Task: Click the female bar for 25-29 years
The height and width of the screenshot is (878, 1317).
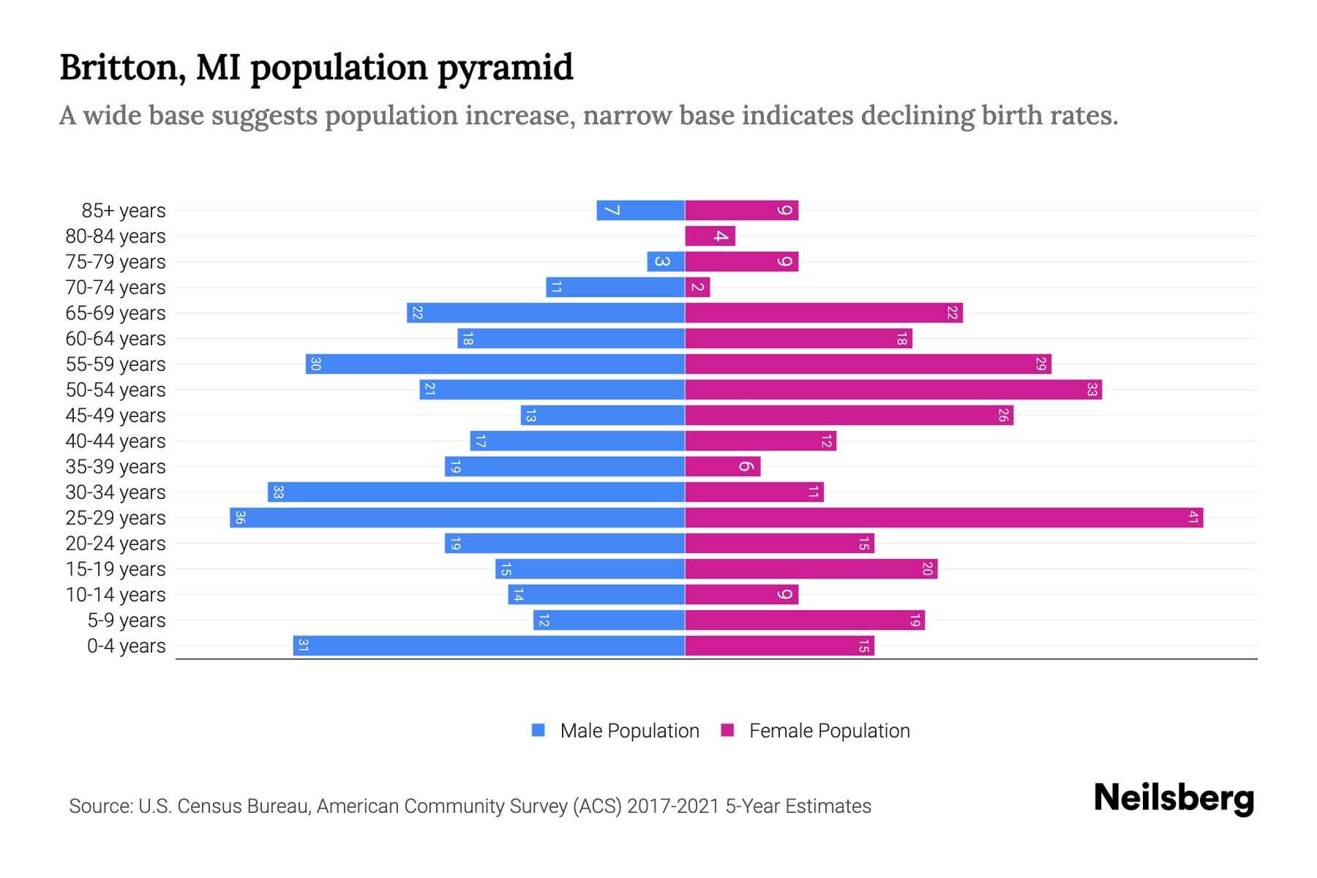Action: [x=944, y=518]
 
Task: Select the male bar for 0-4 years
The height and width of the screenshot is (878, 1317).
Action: [x=489, y=646]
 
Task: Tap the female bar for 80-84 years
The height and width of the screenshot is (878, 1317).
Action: [x=710, y=236]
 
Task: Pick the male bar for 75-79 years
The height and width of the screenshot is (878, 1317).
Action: [x=666, y=262]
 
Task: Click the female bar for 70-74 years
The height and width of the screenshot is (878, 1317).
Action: [x=697, y=288]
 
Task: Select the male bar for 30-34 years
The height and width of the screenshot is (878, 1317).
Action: [x=476, y=492]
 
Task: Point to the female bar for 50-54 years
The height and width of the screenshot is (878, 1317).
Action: [x=893, y=390]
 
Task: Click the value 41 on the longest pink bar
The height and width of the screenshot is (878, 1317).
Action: [x=1193, y=518]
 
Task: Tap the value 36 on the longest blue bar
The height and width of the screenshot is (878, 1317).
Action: [x=240, y=518]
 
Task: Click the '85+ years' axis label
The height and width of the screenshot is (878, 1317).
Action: [x=124, y=211]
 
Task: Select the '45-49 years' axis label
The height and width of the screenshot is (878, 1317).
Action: [x=116, y=416]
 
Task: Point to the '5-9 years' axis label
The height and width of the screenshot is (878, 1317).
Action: [x=127, y=620]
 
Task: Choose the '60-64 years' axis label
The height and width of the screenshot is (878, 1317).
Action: [x=116, y=339]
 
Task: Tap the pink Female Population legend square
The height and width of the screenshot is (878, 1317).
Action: [x=727, y=730]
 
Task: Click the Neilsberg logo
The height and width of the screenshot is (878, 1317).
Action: [x=1174, y=798]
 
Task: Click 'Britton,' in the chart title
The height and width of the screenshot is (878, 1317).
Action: [x=121, y=68]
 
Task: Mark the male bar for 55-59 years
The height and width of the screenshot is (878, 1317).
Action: [x=495, y=364]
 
